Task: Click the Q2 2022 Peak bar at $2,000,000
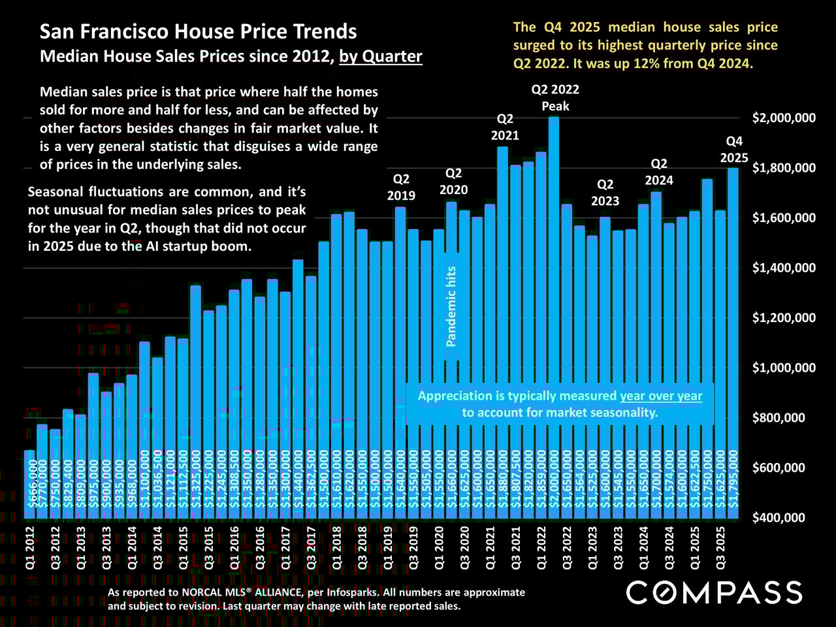coord(554,313)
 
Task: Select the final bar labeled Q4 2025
coord(733,340)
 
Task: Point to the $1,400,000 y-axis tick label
coord(784,268)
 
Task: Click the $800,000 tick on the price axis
coord(784,418)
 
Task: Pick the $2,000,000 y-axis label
coord(784,118)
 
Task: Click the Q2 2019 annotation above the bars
coord(401,187)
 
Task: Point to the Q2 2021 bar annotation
coord(505,127)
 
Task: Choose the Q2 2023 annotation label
coord(605,193)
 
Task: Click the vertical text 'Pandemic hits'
coord(451,306)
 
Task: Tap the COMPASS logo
coord(715,592)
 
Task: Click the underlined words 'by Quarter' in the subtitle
coord(381,56)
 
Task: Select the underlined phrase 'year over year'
coord(661,396)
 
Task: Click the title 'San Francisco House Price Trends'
coord(199,31)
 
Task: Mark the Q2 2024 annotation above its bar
coord(659,172)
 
